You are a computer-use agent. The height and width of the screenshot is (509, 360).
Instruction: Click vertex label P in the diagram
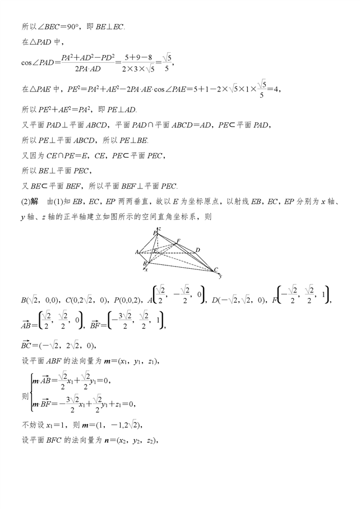[x=155, y=232]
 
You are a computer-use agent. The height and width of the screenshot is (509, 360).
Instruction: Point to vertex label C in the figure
[x=216, y=269]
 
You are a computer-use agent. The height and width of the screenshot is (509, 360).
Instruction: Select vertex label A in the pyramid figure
[x=137, y=252]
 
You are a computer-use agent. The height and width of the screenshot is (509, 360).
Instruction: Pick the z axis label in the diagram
[x=160, y=228]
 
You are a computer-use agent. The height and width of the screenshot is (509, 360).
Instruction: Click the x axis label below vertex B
[x=147, y=270]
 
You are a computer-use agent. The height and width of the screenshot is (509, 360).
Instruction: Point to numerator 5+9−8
[x=139, y=57]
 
